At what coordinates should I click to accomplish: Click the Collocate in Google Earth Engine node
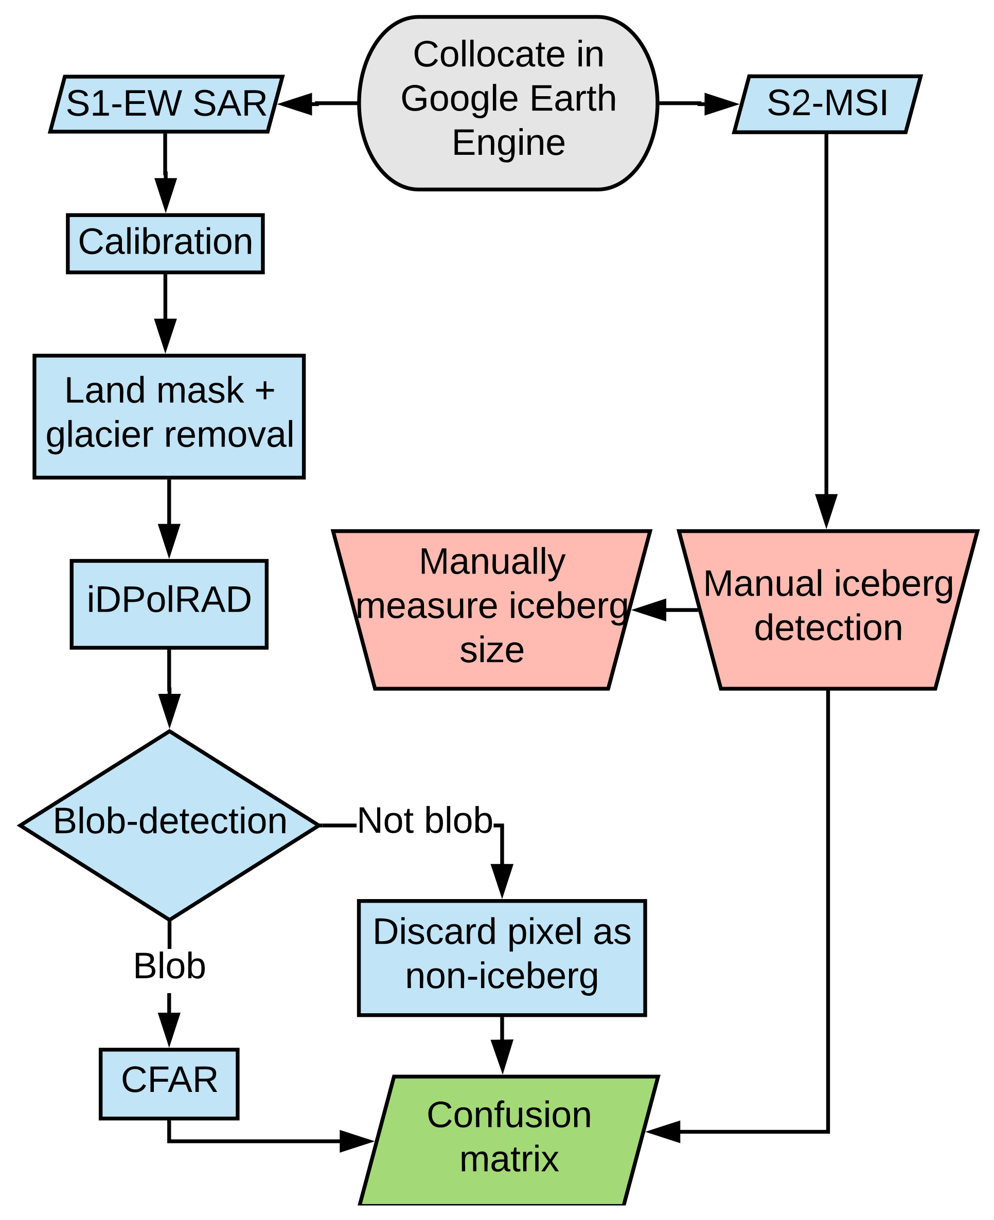(508, 103)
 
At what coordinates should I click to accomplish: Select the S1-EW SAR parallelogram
(166, 103)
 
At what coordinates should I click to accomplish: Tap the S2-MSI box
(827, 103)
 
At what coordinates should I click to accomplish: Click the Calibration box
(165, 243)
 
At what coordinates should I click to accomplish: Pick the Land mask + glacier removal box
(169, 416)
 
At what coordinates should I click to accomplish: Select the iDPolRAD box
(169, 604)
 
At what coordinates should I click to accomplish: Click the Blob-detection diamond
(169, 825)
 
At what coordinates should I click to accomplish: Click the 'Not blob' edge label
(424, 820)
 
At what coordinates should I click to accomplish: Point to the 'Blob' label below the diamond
(169, 966)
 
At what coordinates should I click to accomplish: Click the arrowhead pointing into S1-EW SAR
(295, 103)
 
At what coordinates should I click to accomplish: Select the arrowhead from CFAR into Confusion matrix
(356, 1141)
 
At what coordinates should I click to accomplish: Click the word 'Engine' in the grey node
(508, 142)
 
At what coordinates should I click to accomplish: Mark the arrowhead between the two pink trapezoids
(650, 609)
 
